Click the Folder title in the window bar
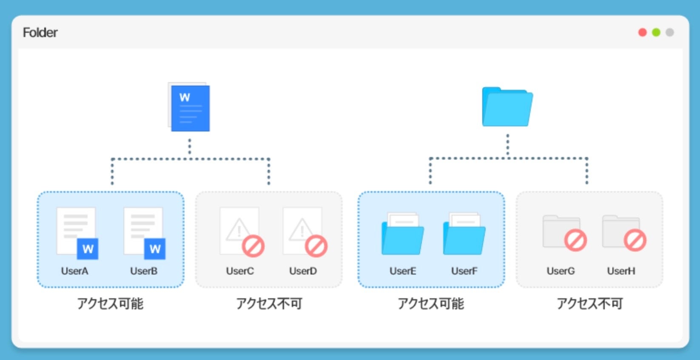(40, 32)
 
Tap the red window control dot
(643, 32)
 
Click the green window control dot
(656, 32)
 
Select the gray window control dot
(670, 32)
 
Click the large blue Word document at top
(190, 107)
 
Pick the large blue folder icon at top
(507, 107)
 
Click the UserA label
(74, 271)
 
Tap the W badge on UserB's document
(155, 249)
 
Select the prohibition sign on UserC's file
(253, 246)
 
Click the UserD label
(303, 271)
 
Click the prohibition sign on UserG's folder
(575, 240)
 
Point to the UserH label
(621, 271)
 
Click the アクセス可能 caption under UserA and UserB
(110, 303)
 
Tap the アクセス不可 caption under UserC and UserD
(269, 303)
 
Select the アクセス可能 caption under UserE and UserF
(431, 303)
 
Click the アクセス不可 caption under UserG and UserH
(590, 303)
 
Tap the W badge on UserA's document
(88, 249)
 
